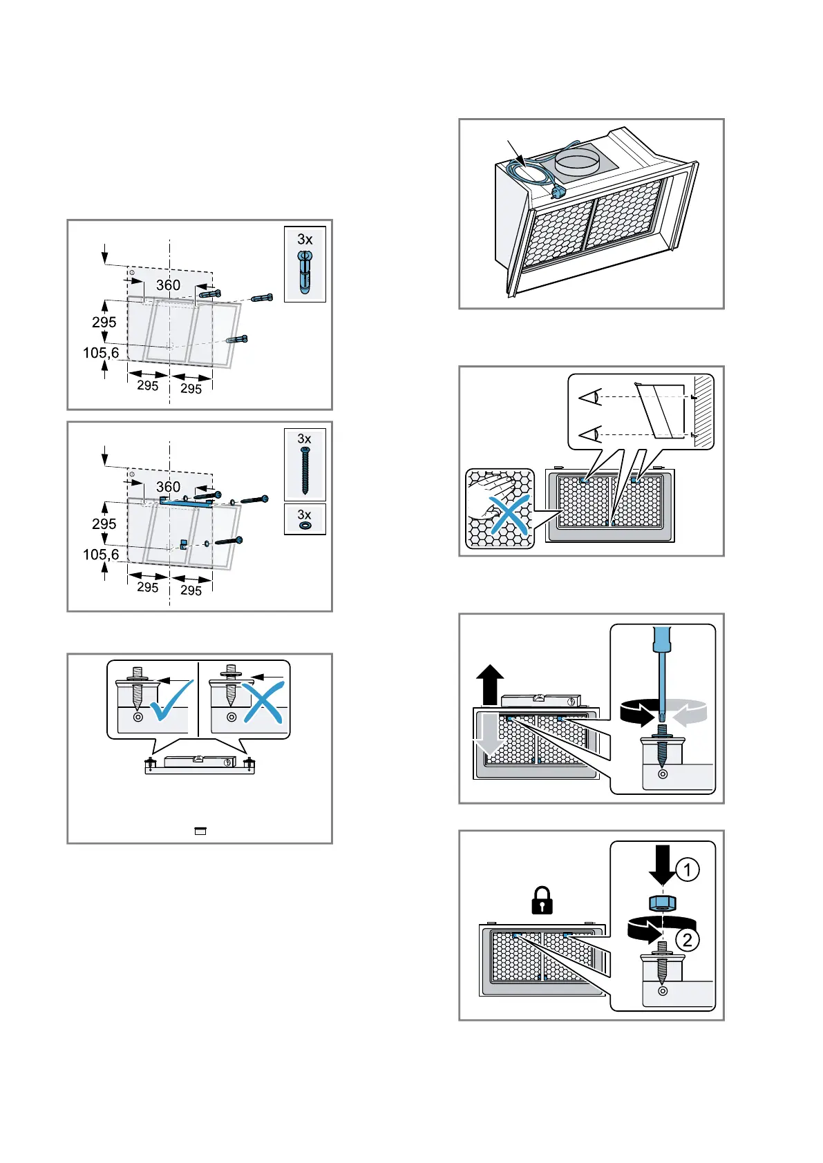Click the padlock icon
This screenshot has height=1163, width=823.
click(542, 900)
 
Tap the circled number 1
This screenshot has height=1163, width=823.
click(687, 869)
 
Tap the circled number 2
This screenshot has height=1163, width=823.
click(687, 939)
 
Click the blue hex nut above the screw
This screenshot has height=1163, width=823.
click(662, 902)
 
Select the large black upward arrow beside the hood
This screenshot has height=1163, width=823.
click(490, 684)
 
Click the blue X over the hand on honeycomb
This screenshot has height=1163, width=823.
click(509, 515)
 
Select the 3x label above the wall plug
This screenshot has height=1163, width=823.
click(305, 240)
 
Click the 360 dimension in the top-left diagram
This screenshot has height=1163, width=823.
click(168, 285)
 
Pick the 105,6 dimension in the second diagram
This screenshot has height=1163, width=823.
click(101, 555)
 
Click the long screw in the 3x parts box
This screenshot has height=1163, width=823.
click(305, 470)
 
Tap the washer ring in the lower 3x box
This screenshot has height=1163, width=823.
click(305, 526)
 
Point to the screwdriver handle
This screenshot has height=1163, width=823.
click(662, 639)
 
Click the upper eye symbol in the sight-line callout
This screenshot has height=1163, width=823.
click(589, 398)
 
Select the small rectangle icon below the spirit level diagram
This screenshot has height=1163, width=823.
click(200, 832)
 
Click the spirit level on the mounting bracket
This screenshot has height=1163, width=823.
click(199, 761)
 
